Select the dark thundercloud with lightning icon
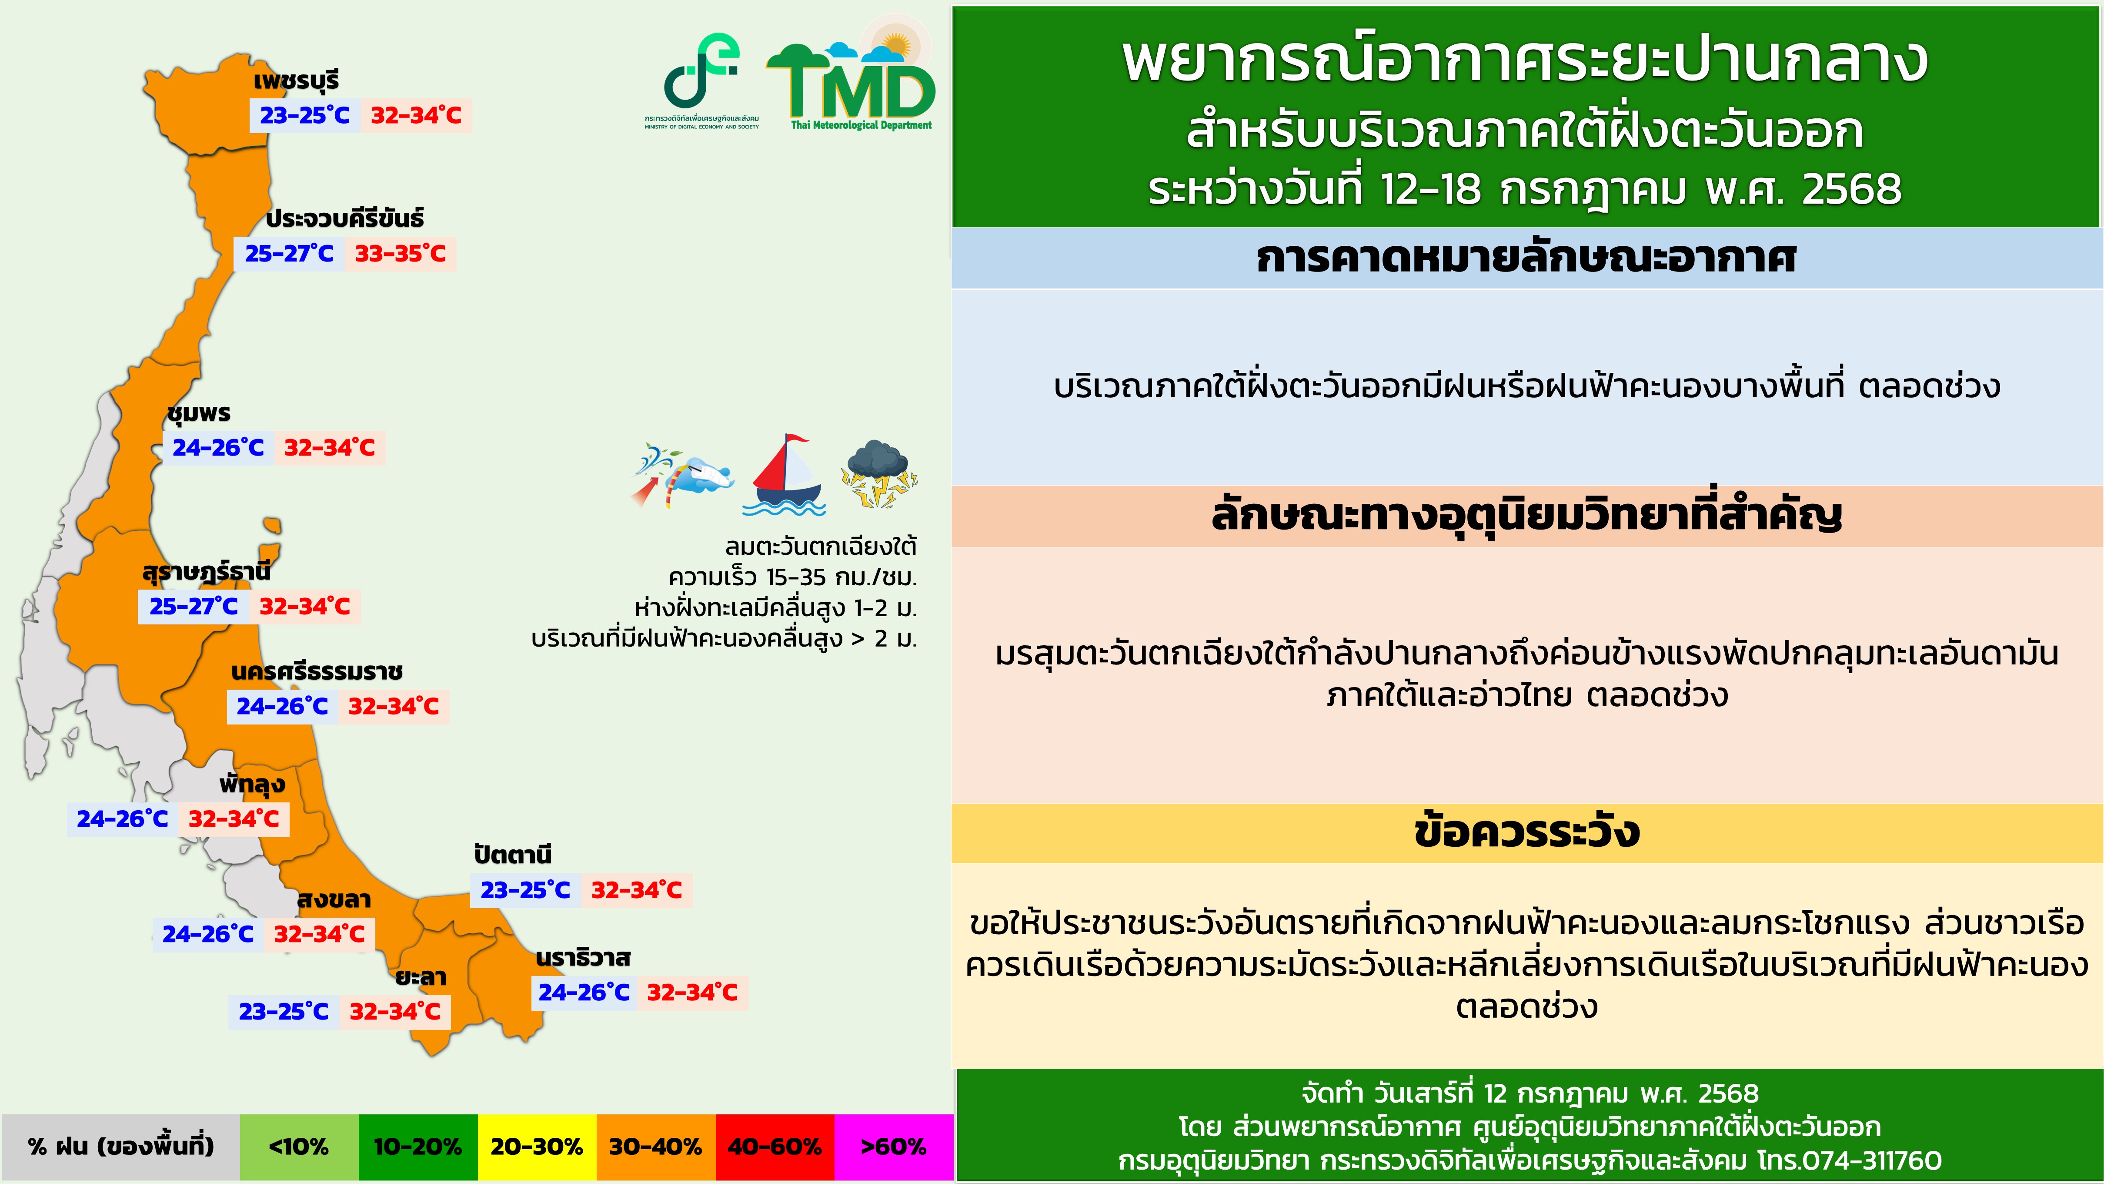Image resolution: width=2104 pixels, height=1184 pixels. click(879, 474)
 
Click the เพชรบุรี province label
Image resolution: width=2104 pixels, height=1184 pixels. click(296, 80)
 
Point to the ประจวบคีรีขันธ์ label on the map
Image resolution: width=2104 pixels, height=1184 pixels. click(345, 218)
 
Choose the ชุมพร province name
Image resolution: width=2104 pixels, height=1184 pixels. click(199, 413)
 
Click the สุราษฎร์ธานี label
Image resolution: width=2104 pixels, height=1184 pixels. click(206, 571)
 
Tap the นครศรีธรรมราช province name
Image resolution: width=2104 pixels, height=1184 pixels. click(317, 672)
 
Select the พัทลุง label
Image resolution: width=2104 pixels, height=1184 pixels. click(252, 785)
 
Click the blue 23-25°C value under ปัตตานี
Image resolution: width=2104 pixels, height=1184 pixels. click(525, 890)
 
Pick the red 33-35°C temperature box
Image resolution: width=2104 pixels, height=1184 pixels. click(400, 253)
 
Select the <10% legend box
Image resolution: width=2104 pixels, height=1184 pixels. click(299, 1147)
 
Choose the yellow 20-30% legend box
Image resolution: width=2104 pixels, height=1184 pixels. click(537, 1147)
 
